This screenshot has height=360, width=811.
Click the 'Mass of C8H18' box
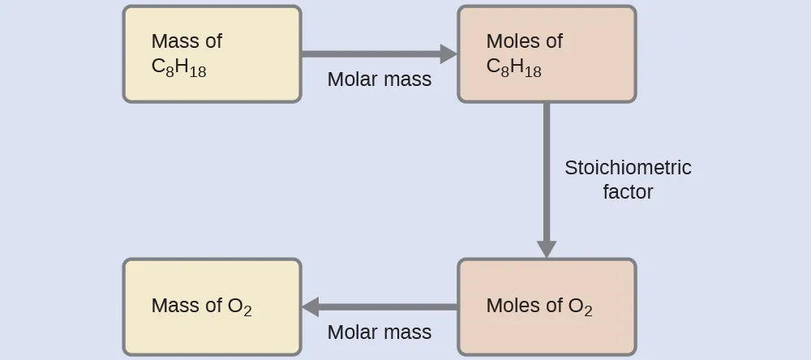[212, 54]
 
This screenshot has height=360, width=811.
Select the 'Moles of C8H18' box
[547, 54]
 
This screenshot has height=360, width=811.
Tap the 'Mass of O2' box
[212, 306]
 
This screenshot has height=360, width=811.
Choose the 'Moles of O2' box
[547, 306]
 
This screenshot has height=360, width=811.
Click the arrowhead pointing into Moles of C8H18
[448, 54]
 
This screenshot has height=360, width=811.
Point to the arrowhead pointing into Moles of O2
[547, 248]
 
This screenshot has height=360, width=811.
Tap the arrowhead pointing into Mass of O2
[311, 306]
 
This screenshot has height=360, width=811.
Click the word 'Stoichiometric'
[628, 168]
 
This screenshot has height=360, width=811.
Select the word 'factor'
[628, 192]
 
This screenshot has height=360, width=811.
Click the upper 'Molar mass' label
[380, 79]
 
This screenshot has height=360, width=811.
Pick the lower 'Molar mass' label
[380, 332]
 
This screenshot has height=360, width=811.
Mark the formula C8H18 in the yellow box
[178, 68]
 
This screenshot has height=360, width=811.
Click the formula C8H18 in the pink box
[513, 68]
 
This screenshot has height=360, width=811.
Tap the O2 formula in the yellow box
[239, 307]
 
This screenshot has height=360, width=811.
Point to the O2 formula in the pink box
[580, 307]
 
